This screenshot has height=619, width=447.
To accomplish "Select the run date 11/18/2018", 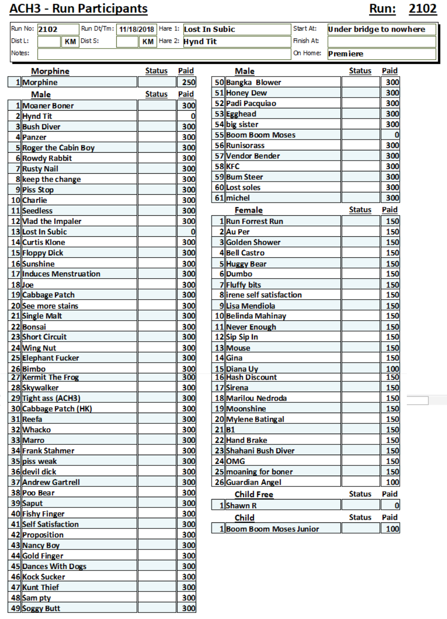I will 136,29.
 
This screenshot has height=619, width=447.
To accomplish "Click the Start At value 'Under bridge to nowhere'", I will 376,29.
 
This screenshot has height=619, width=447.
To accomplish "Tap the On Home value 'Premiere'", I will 346,54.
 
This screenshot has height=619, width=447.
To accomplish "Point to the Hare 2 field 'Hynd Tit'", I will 200,42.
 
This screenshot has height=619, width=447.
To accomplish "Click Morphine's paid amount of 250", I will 189,82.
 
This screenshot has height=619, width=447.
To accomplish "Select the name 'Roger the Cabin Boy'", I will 58,148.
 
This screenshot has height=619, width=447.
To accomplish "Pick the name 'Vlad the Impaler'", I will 52,221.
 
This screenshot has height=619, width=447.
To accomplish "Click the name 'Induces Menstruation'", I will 61,274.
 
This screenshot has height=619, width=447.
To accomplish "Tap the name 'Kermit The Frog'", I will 50,377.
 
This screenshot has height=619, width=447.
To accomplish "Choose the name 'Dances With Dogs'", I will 54,566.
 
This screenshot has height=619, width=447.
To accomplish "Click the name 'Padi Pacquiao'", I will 251,103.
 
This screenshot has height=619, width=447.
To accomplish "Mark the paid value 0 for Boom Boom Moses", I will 397,135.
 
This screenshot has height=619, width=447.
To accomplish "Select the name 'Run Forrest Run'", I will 255,221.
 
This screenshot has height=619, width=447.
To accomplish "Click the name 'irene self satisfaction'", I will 264,295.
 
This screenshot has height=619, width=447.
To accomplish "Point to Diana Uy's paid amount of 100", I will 392,369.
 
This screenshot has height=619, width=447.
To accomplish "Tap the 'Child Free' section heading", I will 254,494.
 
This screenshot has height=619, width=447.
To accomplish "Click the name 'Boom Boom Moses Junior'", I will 272,529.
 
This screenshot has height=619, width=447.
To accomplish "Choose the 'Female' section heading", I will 248,210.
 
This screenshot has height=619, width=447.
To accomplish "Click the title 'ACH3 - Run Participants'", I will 78,9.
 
